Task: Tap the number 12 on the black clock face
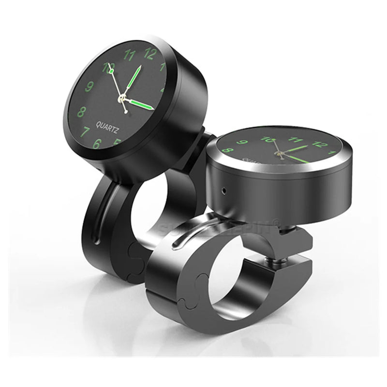coord(151,54)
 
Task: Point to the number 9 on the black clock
coord(89,88)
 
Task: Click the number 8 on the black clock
coord(82,112)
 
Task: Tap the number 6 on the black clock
coord(97,144)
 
